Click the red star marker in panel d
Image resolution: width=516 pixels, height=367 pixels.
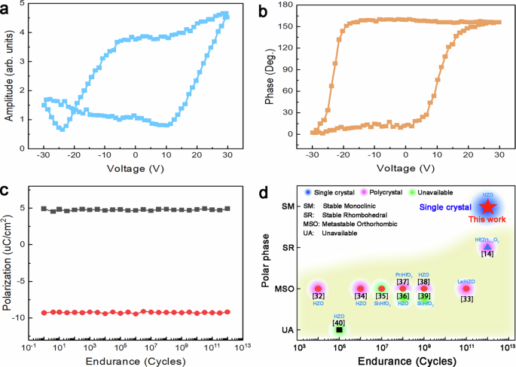[x=487, y=205]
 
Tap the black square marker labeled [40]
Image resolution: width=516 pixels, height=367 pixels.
[x=340, y=329]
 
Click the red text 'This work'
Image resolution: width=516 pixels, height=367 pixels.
[x=487, y=220]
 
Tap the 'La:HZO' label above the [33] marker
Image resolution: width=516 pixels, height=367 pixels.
[x=466, y=280]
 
